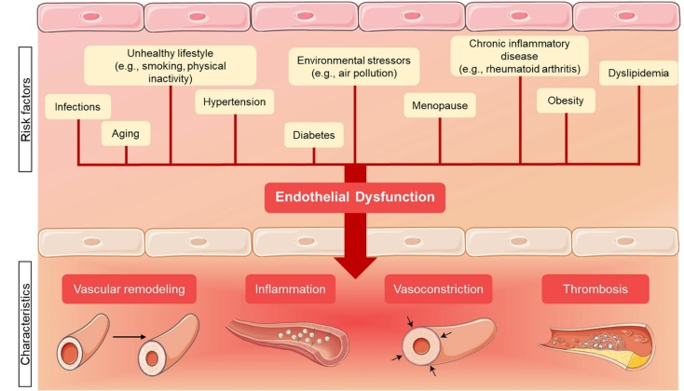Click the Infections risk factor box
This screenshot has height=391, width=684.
pos(77,108)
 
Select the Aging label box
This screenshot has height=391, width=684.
pos(125,134)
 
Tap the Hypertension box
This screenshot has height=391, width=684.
pos(235,101)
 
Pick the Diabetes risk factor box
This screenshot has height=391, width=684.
pos(308,134)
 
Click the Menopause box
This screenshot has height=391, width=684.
pos(440,105)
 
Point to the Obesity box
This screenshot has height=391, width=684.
pos(566,101)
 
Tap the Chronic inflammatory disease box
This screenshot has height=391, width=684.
pos(520,55)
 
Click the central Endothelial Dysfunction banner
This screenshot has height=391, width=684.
pos(354,197)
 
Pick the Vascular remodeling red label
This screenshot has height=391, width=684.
pos(131,290)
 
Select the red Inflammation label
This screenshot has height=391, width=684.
pos(290,290)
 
